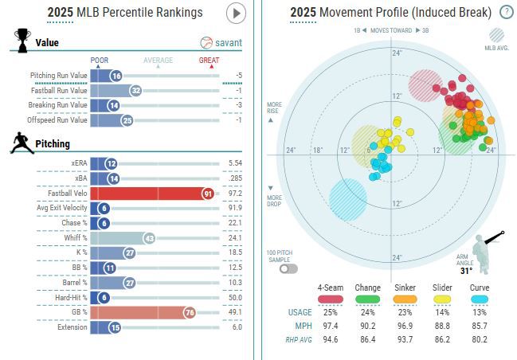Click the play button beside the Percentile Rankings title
pos(237,13)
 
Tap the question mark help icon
pos(506,12)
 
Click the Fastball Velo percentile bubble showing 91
pos(208,193)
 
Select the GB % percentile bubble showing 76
pos(189,312)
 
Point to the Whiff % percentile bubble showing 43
pos(147,238)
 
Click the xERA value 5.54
pos(234,162)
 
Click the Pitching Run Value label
pos(58,76)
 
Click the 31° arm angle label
pos(466,269)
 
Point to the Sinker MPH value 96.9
pos(404,327)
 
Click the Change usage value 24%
pos(366,312)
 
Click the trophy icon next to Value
pos(22,39)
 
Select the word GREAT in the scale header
pos(210,60)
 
